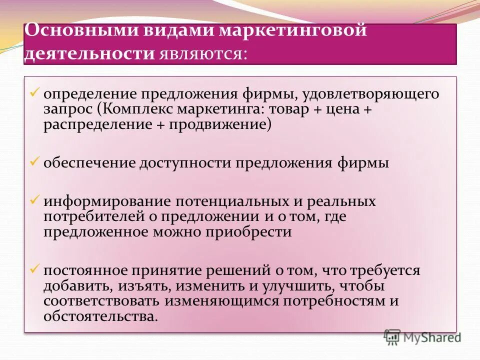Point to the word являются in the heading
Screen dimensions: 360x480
tap(202, 53)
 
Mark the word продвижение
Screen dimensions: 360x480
tap(219, 124)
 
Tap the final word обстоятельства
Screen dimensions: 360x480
tap(100, 316)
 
